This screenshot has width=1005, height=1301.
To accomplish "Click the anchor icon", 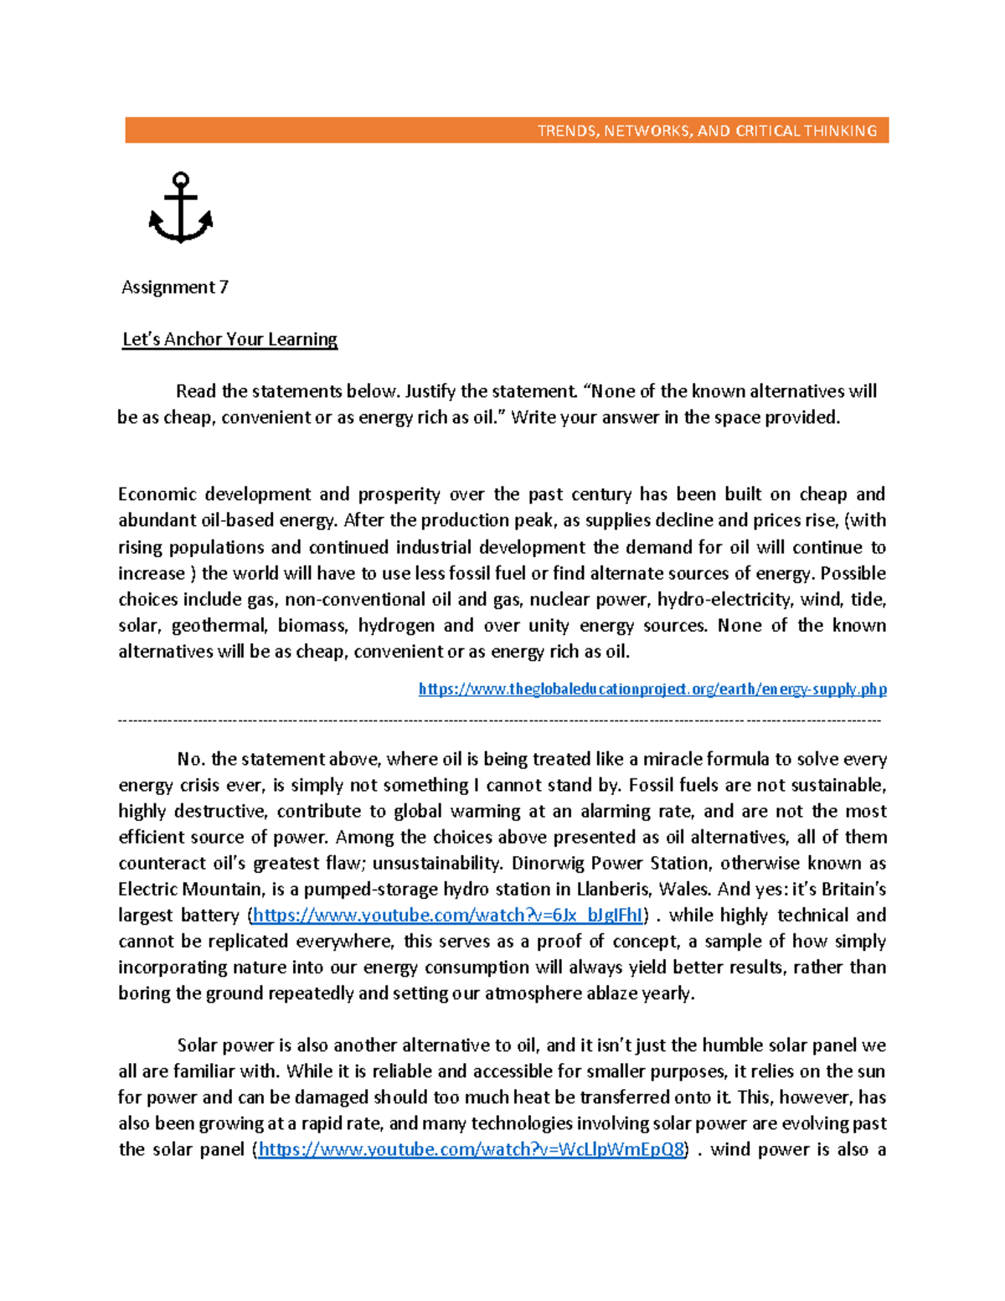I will tap(180, 208).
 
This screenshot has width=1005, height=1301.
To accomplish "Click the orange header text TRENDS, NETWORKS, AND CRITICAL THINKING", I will tap(707, 131).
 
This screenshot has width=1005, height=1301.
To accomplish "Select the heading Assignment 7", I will tap(174, 287).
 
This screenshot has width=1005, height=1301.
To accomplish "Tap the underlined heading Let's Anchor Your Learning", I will tap(229, 339).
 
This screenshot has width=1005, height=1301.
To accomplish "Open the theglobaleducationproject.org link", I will tap(652, 689).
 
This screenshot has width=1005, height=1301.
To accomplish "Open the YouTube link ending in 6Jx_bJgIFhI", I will tap(447, 916).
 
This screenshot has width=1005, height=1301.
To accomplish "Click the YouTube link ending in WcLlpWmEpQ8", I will tap(472, 1149).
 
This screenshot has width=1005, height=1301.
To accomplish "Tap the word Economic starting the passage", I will tap(157, 494).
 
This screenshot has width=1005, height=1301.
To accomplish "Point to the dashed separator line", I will tap(500, 720).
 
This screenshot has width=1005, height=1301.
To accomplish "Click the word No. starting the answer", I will tap(191, 760).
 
